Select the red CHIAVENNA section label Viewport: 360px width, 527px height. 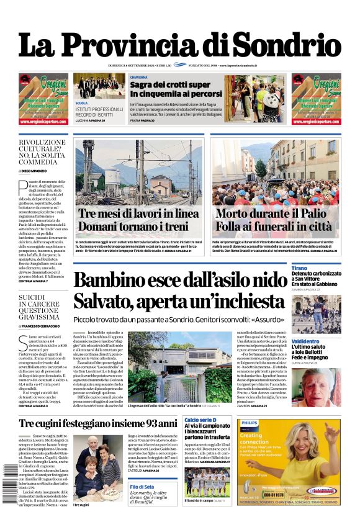click(x=139, y=77)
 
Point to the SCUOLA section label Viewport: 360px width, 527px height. click(x=81, y=103)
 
